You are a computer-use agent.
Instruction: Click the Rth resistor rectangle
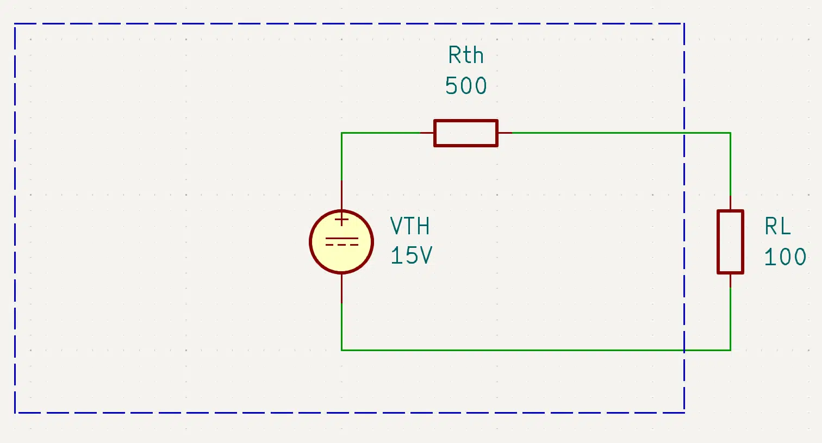tap(466, 120)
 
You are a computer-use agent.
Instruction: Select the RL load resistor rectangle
tap(718, 242)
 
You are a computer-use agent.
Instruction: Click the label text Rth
tap(466, 55)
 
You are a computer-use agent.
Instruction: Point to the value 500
tap(466, 86)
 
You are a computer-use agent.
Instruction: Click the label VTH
tap(409, 226)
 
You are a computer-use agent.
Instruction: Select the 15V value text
tap(412, 255)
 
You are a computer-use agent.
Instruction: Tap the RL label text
tap(777, 226)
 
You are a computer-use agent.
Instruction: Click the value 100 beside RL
tap(785, 257)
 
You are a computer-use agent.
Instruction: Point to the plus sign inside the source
tap(341, 220)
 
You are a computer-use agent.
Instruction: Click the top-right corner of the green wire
tap(730, 133)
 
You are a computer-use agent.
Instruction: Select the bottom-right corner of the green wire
tap(730, 350)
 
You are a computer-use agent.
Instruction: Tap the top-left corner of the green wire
tap(341, 133)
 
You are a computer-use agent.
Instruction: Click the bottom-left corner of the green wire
tap(341, 350)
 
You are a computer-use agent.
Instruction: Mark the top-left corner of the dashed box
tap(15, 24)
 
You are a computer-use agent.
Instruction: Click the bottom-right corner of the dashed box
tap(684, 413)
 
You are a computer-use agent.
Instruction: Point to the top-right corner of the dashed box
tap(684, 24)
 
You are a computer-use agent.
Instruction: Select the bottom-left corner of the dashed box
tap(15, 413)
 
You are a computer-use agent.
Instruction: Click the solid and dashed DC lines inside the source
tap(341, 241)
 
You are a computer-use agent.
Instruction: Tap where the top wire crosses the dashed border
tap(684, 133)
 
